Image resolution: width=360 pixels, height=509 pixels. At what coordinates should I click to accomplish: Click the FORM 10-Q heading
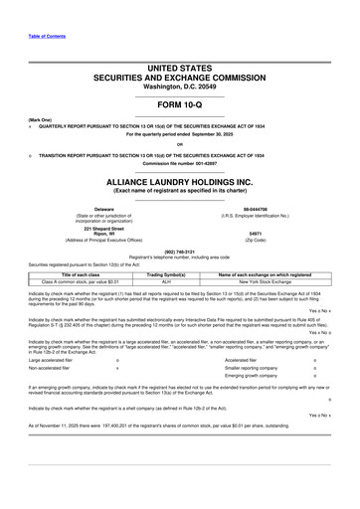(x=180, y=103)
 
